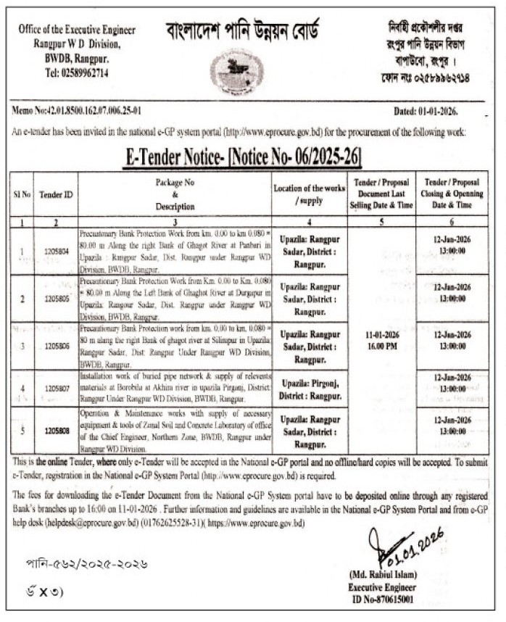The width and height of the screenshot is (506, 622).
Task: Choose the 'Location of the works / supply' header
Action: tap(308, 194)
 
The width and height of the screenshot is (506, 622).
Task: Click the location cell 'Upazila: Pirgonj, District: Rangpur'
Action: tap(308, 389)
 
